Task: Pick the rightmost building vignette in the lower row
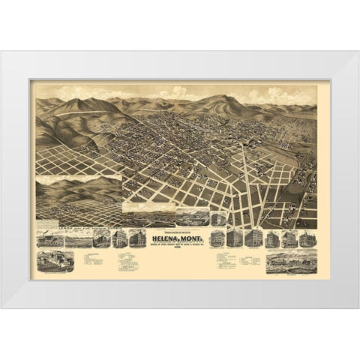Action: click(x=307, y=239)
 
